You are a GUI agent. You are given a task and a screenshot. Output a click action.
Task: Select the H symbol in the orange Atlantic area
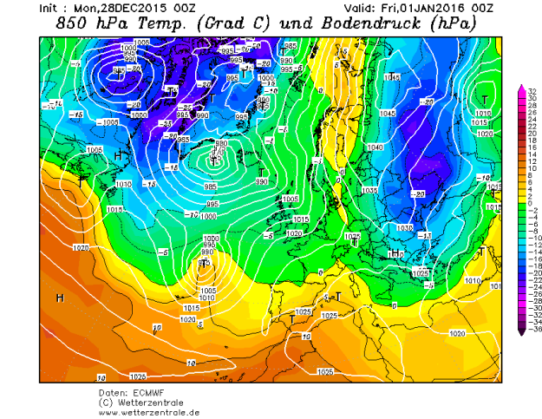click(60, 298)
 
